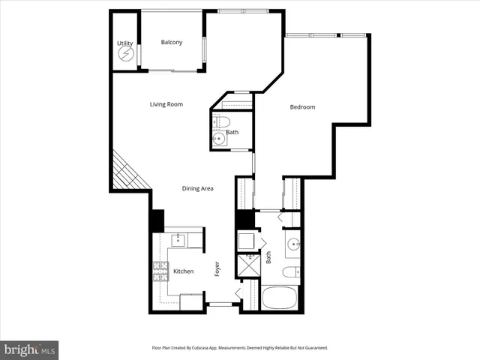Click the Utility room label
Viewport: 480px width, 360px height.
point(124,43)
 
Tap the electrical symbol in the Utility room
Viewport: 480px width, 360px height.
point(124,55)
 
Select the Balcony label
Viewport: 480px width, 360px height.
point(172,42)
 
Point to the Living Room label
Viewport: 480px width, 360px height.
point(166,104)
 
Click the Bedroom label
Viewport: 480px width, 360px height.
point(302,107)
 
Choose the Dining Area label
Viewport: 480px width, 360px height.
point(198,188)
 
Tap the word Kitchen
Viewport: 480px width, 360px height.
point(184,271)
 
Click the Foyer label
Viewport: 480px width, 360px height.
point(217,269)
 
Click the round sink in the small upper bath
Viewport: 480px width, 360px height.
point(220,138)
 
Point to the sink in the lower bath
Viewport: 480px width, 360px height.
point(293,244)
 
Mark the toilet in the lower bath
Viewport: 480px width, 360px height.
point(292,271)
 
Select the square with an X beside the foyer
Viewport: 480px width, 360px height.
point(247,265)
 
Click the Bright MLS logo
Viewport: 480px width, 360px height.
point(29,349)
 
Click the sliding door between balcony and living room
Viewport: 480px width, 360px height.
point(173,70)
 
